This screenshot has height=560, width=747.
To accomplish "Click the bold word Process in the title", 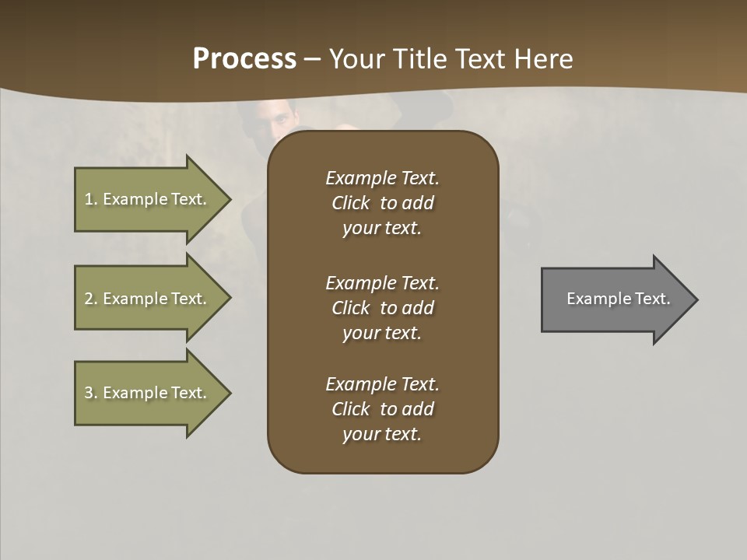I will tap(244, 59).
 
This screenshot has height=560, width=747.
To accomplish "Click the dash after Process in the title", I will tap(312, 60).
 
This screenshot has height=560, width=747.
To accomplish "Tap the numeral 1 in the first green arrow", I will tap(89, 199).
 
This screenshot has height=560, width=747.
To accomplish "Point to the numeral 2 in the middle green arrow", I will tap(89, 299).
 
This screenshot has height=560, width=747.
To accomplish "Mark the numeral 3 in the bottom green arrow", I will tap(89, 394).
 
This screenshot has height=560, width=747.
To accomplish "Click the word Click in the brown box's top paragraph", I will tap(350, 203).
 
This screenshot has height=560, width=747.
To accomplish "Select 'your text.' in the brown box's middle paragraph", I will tap(382, 333).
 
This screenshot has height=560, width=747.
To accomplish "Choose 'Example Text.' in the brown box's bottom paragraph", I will tap(382, 384).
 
